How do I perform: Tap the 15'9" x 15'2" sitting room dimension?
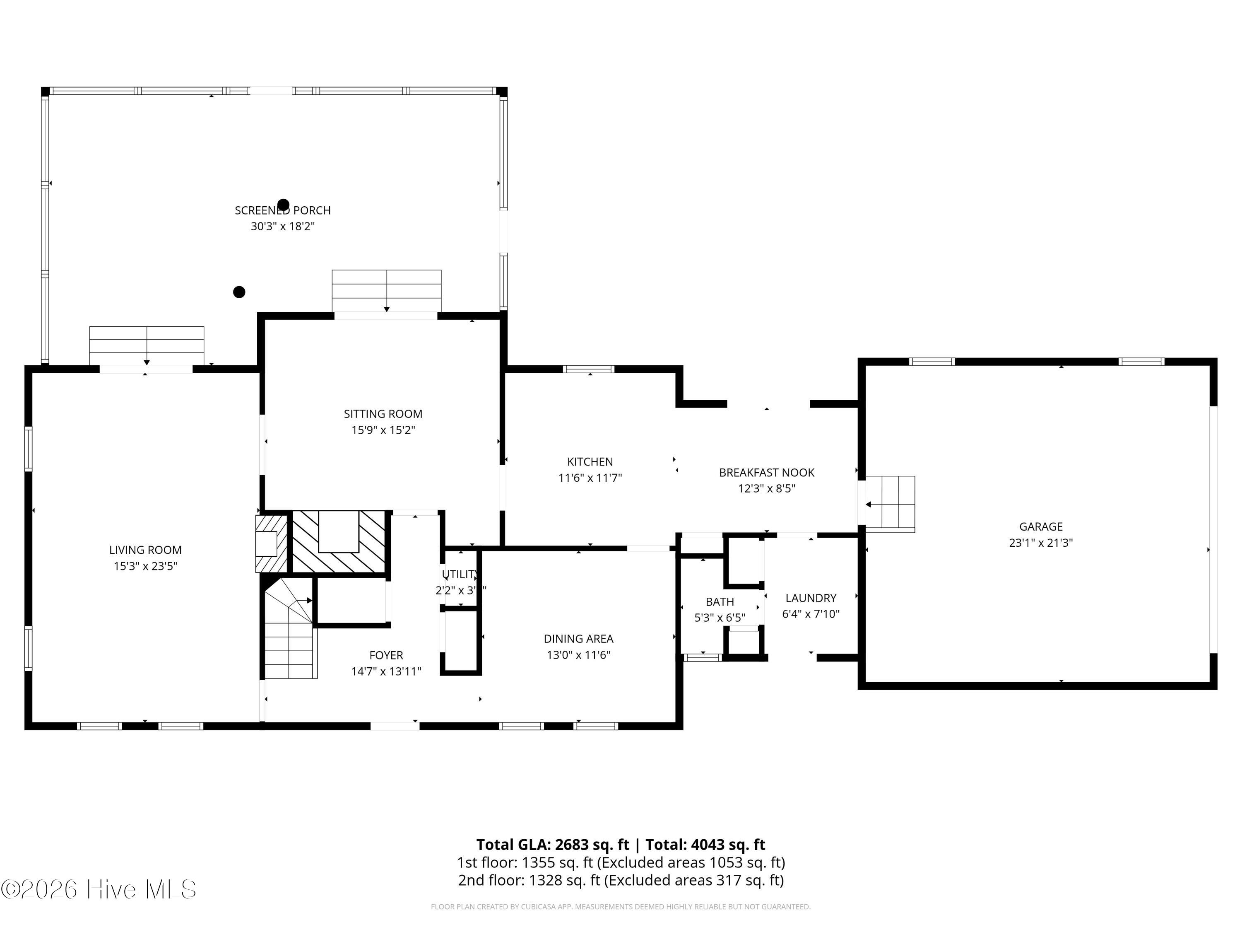[x=383, y=430]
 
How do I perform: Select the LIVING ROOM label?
[x=145, y=550]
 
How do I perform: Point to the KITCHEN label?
[x=590, y=462]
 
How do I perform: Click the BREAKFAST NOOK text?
[x=766, y=473]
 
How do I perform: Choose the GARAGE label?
[x=1040, y=526]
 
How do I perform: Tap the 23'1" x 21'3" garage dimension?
[x=1040, y=543]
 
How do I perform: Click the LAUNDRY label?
[x=810, y=598]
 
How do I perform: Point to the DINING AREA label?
[x=578, y=639]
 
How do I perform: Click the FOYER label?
[x=386, y=655]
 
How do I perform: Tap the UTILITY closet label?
[x=459, y=574]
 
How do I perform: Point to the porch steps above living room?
[x=147, y=345]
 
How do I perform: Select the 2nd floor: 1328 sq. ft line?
[x=621, y=880]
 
